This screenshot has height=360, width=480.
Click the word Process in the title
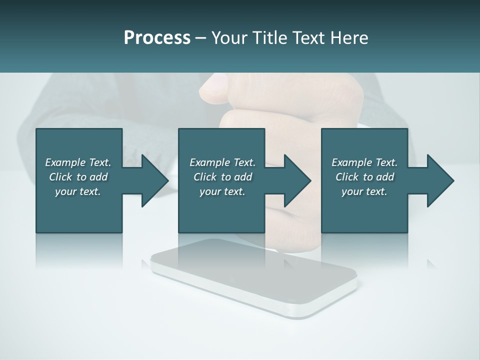point(157,38)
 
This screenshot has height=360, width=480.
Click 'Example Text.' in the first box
point(78,162)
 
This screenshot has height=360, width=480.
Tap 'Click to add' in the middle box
point(222,177)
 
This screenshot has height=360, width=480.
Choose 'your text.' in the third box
point(364,191)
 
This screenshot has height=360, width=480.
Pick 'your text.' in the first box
point(78,191)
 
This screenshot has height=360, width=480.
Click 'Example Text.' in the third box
point(364,162)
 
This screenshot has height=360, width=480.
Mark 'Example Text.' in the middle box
point(222,162)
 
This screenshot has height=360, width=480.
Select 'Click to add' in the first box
point(78,177)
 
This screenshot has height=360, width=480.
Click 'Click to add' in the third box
point(364,177)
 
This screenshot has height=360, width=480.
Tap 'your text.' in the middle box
point(222,191)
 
